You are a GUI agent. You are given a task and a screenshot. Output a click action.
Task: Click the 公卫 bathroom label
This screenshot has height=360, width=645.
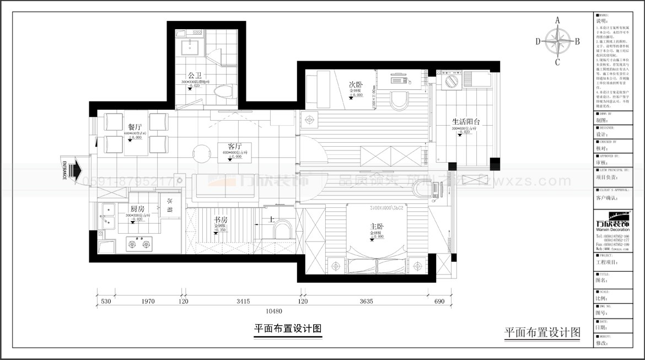pos(193,75)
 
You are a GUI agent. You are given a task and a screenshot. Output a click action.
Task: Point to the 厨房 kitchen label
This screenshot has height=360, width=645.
pos(137,209)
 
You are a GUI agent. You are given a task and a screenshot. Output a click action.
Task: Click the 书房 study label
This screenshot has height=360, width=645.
pos(221,219)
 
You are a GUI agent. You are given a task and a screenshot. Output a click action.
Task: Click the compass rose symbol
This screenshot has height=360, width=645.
pos(557,41)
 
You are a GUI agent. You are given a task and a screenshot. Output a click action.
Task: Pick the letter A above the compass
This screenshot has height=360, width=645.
pos(557,20)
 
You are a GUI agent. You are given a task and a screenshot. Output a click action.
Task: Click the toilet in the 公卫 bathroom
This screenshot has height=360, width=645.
pos(225,92)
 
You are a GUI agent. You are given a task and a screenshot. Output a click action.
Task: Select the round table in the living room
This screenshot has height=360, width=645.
pos(201,154)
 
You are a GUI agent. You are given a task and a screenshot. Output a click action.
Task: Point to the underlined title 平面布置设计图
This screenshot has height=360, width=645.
pos(287,329)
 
